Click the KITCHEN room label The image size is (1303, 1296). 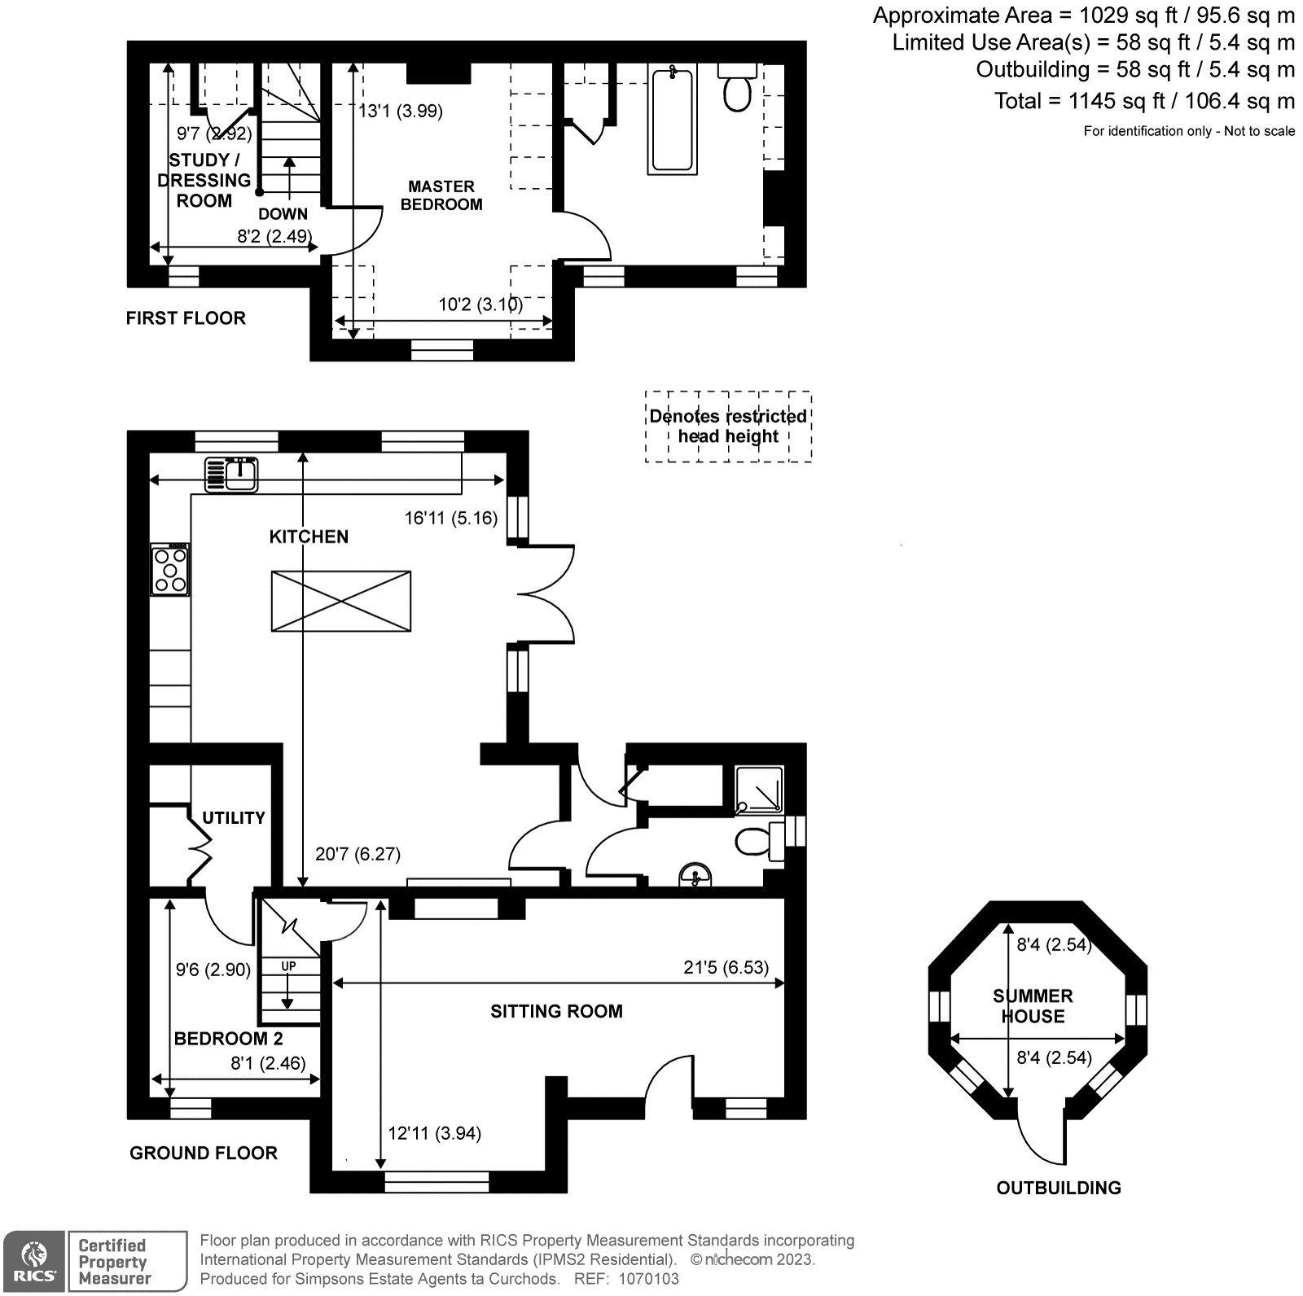309,536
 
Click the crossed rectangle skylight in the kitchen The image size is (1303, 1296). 340,601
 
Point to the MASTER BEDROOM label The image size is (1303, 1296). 441,195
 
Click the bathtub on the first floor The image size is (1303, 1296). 673,120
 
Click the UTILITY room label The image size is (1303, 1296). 234,817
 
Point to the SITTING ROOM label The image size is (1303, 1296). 556,1011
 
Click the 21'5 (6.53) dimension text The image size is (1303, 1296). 726,967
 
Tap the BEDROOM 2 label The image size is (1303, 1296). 229,1039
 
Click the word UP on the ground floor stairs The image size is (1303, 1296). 288,966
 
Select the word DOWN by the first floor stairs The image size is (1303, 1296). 283,214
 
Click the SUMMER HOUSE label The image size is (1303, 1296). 1033,1006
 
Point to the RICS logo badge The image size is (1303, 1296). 33,1261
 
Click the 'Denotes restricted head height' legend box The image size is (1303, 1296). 728,427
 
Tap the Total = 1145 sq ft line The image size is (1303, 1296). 1143,101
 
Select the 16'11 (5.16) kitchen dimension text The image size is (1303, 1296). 450,518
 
